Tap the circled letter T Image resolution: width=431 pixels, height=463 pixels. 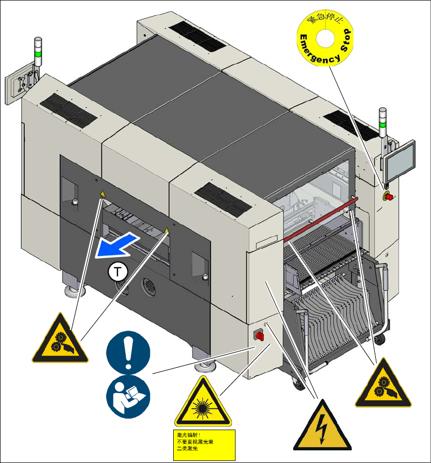[x=117, y=272]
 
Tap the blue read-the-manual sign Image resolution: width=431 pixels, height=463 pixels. [x=129, y=397]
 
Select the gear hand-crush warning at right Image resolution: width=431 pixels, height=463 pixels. [x=383, y=383]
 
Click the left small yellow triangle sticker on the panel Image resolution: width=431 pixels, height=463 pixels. [x=101, y=194]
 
